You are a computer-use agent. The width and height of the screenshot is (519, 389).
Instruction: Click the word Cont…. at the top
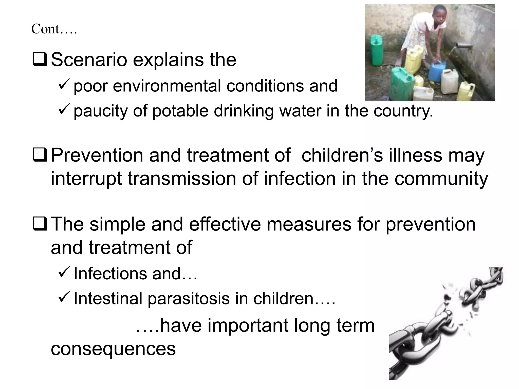click(54, 29)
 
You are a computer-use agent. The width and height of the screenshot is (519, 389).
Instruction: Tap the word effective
click(225, 224)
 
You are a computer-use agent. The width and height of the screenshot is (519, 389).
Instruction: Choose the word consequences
click(113, 349)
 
